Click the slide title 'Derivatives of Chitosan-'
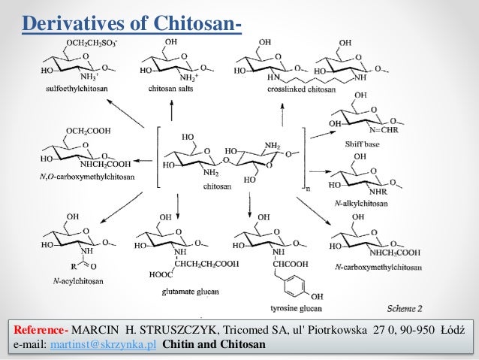131,23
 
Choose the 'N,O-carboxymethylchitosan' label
79,177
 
